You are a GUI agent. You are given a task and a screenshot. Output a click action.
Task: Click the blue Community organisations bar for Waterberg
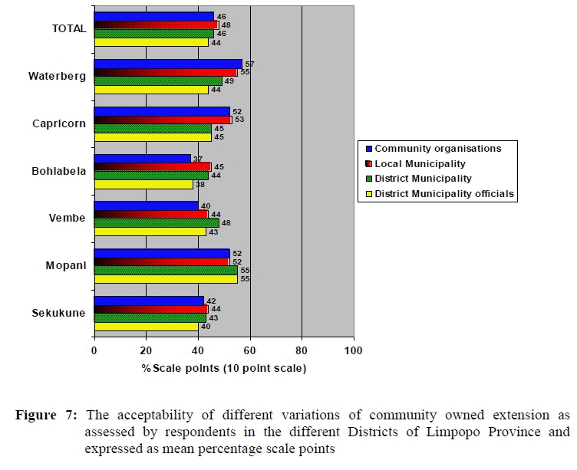pyautogui.click(x=168, y=64)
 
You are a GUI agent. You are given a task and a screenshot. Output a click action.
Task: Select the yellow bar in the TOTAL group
pyautogui.click(x=151, y=42)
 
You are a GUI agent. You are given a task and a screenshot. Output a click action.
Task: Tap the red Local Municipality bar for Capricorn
pyautogui.click(x=163, y=120)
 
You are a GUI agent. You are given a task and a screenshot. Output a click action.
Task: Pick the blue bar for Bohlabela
pyautogui.click(x=142, y=158)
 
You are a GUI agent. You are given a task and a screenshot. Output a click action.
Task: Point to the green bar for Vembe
pyautogui.click(x=157, y=223)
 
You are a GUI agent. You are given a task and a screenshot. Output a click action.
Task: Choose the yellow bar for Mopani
pyautogui.click(x=166, y=279)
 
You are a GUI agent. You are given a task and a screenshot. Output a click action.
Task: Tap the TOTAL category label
pyautogui.click(x=68, y=29)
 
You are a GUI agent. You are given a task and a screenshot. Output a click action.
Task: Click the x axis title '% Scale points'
pyautogui.click(x=223, y=369)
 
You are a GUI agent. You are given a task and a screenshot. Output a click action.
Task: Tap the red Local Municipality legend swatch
pyautogui.click(x=370, y=164)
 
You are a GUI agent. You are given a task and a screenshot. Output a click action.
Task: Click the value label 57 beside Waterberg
pyautogui.click(x=249, y=64)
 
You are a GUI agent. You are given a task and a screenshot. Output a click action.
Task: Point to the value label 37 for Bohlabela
pyautogui.click(x=198, y=158)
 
